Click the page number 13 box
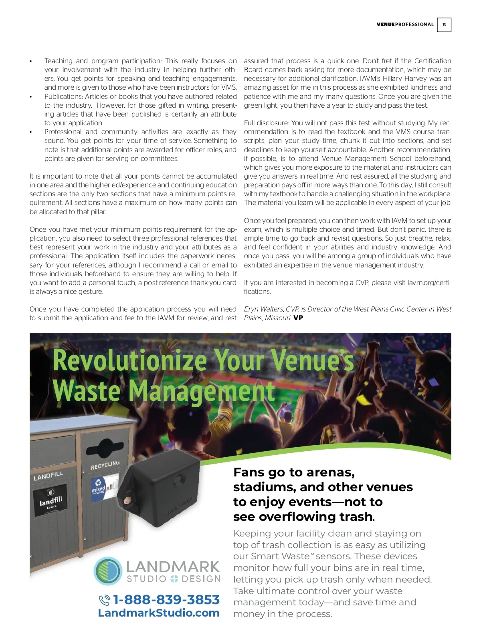[x=444, y=25]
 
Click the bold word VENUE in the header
[x=386, y=24]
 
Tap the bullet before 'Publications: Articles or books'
[x=30, y=96]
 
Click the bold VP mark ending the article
[x=298, y=318]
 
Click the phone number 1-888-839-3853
[x=166, y=599]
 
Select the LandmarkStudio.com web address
[x=158, y=613]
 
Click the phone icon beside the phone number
[x=104, y=600]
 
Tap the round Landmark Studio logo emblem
[x=108, y=571]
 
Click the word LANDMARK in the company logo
[x=173, y=567]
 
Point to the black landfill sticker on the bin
[x=50, y=500]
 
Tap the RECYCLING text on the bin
[x=105, y=465]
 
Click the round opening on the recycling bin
[x=105, y=446]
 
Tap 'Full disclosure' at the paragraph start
[x=266, y=123]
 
